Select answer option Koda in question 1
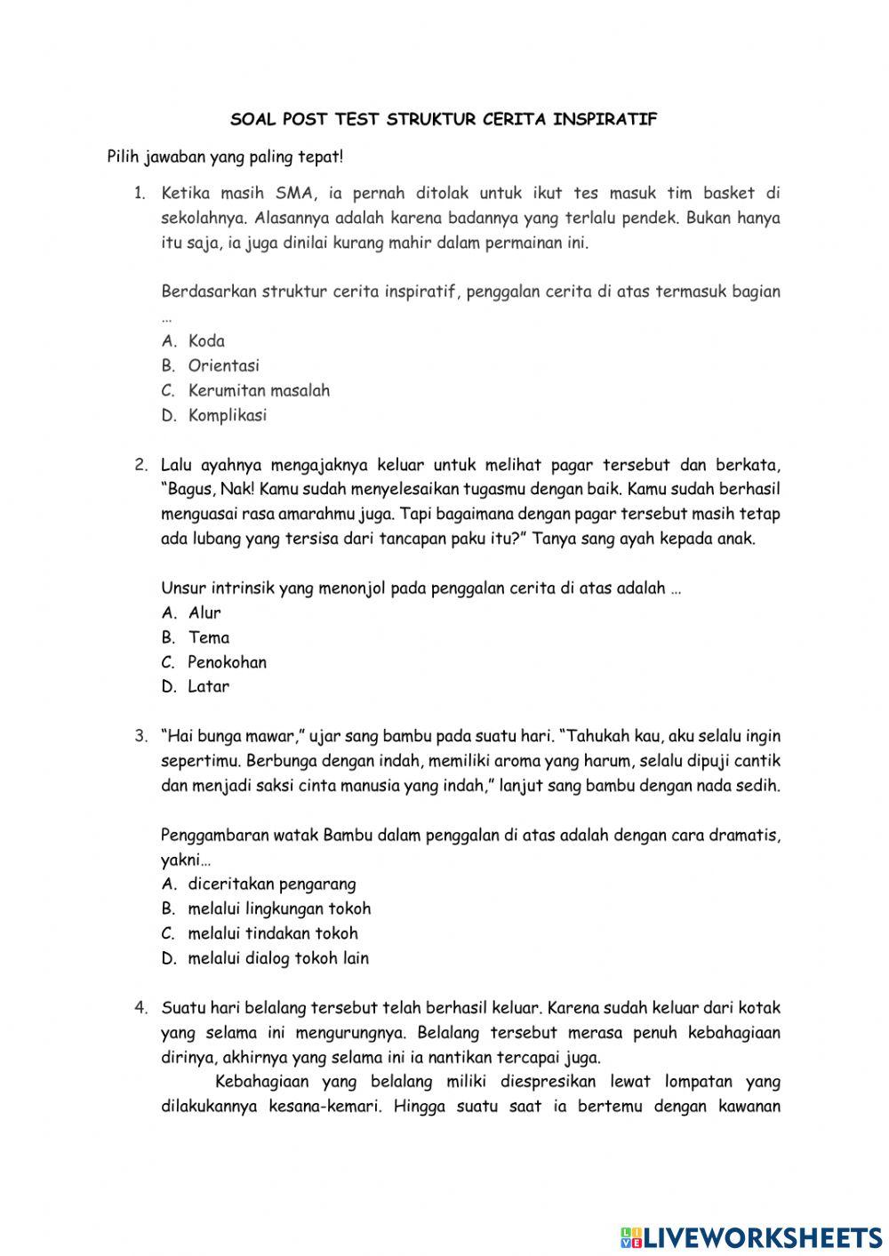[206, 341]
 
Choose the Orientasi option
[223, 365]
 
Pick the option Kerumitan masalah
[258, 390]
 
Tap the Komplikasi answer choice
[227, 415]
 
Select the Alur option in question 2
[204, 612]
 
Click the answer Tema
[208, 637]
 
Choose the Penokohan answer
[227, 662]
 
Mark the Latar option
[208, 686]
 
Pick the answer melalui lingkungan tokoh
[279, 908]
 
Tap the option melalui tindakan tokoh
[272, 933]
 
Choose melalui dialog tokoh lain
[277, 958]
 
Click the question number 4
[140, 1008]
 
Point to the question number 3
[140, 736]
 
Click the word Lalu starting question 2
[177, 464]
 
